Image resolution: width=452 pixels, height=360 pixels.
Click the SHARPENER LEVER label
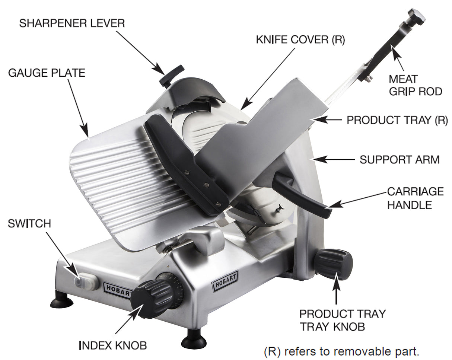(x=72, y=23)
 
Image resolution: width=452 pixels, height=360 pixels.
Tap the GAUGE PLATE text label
(x=47, y=73)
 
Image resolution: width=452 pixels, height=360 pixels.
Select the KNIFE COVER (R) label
(x=300, y=40)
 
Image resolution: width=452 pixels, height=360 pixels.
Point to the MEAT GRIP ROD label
(x=415, y=85)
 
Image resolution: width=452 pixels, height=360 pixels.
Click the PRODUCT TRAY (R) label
(x=397, y=120)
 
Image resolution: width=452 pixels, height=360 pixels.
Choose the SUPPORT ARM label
(x=399, y=160)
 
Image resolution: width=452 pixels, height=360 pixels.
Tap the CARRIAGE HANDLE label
(x=415, y=198)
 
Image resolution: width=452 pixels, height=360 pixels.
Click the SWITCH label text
(x=29, y=224)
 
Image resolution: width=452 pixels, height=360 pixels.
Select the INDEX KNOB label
(x=113, y=345)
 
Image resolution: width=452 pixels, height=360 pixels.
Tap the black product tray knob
(x=333, y=264)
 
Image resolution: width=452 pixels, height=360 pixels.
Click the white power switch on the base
(x=86, y=282)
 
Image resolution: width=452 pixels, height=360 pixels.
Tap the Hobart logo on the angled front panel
(x=225, y=281)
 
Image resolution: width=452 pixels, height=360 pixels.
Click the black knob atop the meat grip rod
(x=416, y=16)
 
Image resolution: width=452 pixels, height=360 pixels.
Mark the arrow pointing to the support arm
(x=334, y=160)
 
